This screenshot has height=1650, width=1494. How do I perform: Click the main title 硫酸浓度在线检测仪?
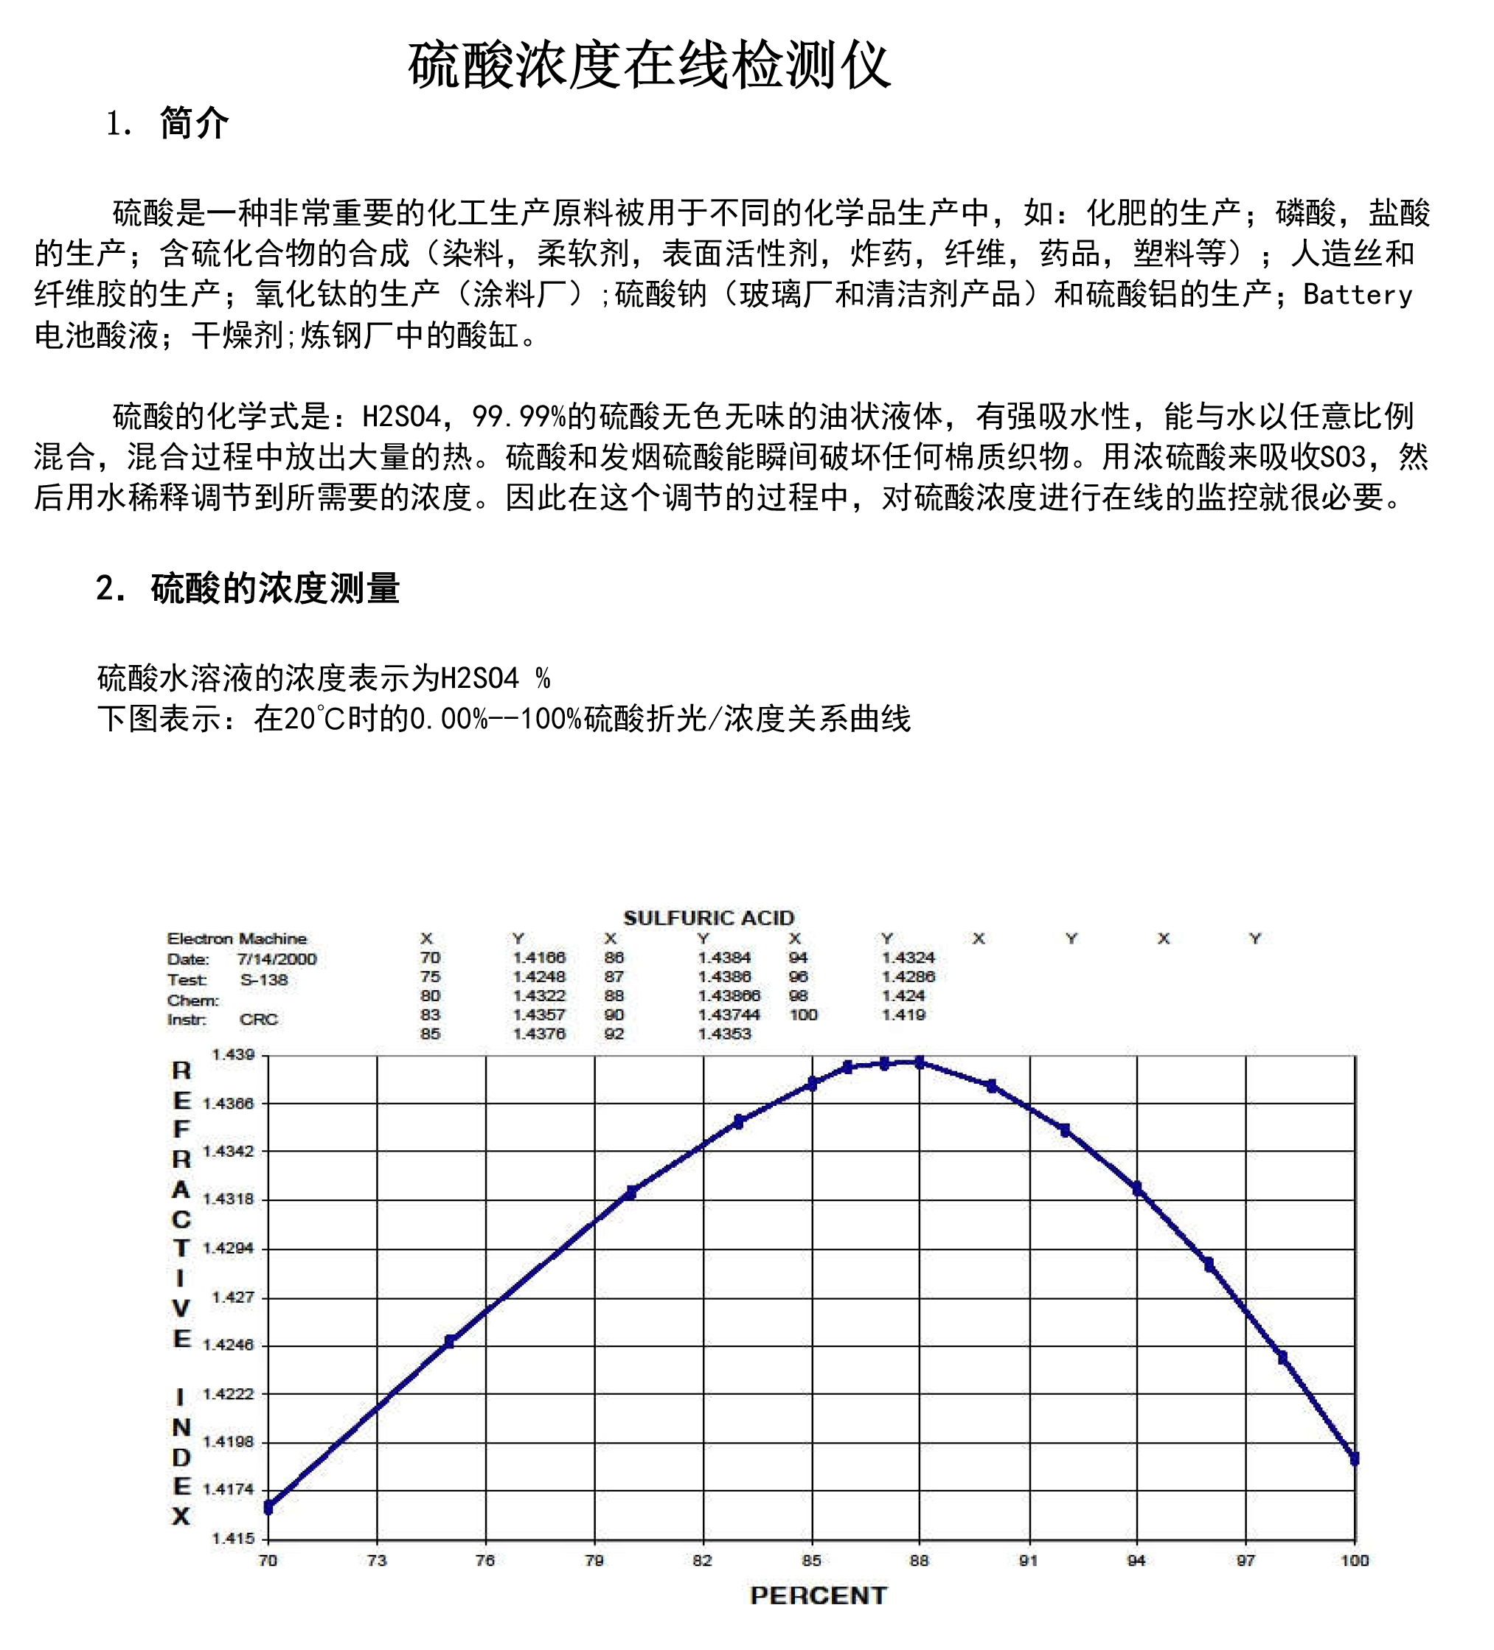648,66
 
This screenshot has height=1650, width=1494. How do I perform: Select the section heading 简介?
194,124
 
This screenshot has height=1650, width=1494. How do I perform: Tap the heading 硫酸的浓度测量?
275,588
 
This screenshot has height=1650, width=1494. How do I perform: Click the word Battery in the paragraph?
1358,295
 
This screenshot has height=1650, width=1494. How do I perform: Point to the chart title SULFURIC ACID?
708,917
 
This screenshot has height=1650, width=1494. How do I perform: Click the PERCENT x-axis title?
818,1595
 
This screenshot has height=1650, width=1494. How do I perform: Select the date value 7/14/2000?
277,958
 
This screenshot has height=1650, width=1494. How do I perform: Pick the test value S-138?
263,980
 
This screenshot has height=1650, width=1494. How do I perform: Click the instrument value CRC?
259,1019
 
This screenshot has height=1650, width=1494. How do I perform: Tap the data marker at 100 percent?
1354,1458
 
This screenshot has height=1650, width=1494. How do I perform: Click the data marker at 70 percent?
268,1507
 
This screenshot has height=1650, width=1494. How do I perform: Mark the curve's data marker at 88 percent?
920,1062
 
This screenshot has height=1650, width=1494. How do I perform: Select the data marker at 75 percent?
449,1341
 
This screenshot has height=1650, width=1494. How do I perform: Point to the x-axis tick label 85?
810,1560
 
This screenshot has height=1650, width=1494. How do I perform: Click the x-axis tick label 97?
1245,1560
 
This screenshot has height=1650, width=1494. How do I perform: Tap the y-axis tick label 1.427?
233,1296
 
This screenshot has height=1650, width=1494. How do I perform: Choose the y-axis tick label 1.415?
233,1538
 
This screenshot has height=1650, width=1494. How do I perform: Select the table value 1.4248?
538,976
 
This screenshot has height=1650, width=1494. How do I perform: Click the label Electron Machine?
237,938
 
